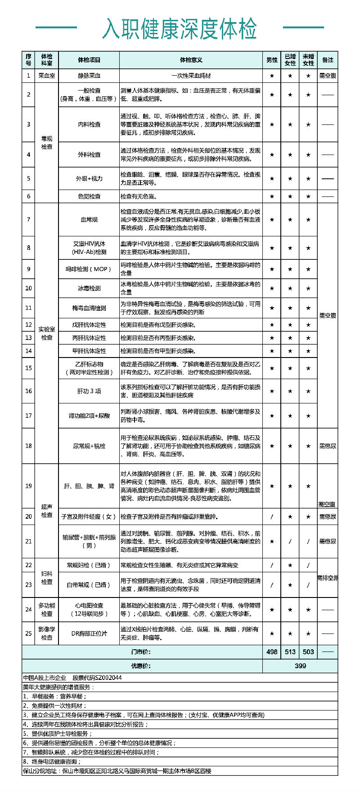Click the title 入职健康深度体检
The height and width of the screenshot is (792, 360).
tap(180, 29)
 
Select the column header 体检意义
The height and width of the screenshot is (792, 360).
tap(191, 60)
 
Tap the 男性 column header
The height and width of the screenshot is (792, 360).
tap(272, 60)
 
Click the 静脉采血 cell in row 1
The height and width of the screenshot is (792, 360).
tap(89, 76)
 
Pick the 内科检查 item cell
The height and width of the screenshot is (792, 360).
tap(89, 124)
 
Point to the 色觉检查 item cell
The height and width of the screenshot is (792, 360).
tap(89, 196)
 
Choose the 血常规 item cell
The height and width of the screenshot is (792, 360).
tap(89, 220)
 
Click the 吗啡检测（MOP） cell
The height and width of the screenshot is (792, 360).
tap(89, 269)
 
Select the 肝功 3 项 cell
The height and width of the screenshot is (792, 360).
tap(89, 391)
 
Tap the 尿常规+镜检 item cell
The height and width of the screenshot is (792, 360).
tap(89, 446)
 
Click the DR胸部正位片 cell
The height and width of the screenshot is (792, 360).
tap(89, 634)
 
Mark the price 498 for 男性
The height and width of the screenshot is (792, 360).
tap(272, 652)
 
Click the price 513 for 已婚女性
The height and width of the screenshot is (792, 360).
tap(290, 652)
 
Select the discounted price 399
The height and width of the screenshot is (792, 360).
tap(300, 666)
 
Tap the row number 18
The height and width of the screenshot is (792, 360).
tap(28, 446)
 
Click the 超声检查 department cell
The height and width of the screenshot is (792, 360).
tap(47, 511)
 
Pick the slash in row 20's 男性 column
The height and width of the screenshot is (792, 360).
tap(272, 516)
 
